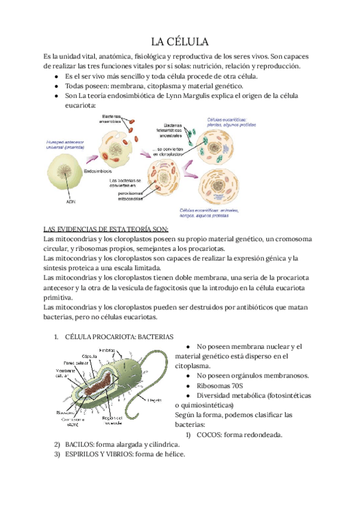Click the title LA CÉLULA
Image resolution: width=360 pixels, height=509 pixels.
click(x=179, y=41)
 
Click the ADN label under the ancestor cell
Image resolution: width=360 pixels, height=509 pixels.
click(x=71, y=202)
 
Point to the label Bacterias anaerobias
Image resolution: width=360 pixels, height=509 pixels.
click(x=111, y=118)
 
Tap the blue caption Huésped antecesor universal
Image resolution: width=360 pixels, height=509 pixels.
click(x=65, y=143)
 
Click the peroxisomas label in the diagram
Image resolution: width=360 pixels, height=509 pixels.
click(x=127, y=193)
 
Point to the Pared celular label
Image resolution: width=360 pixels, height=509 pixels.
click(x=77, y=363)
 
